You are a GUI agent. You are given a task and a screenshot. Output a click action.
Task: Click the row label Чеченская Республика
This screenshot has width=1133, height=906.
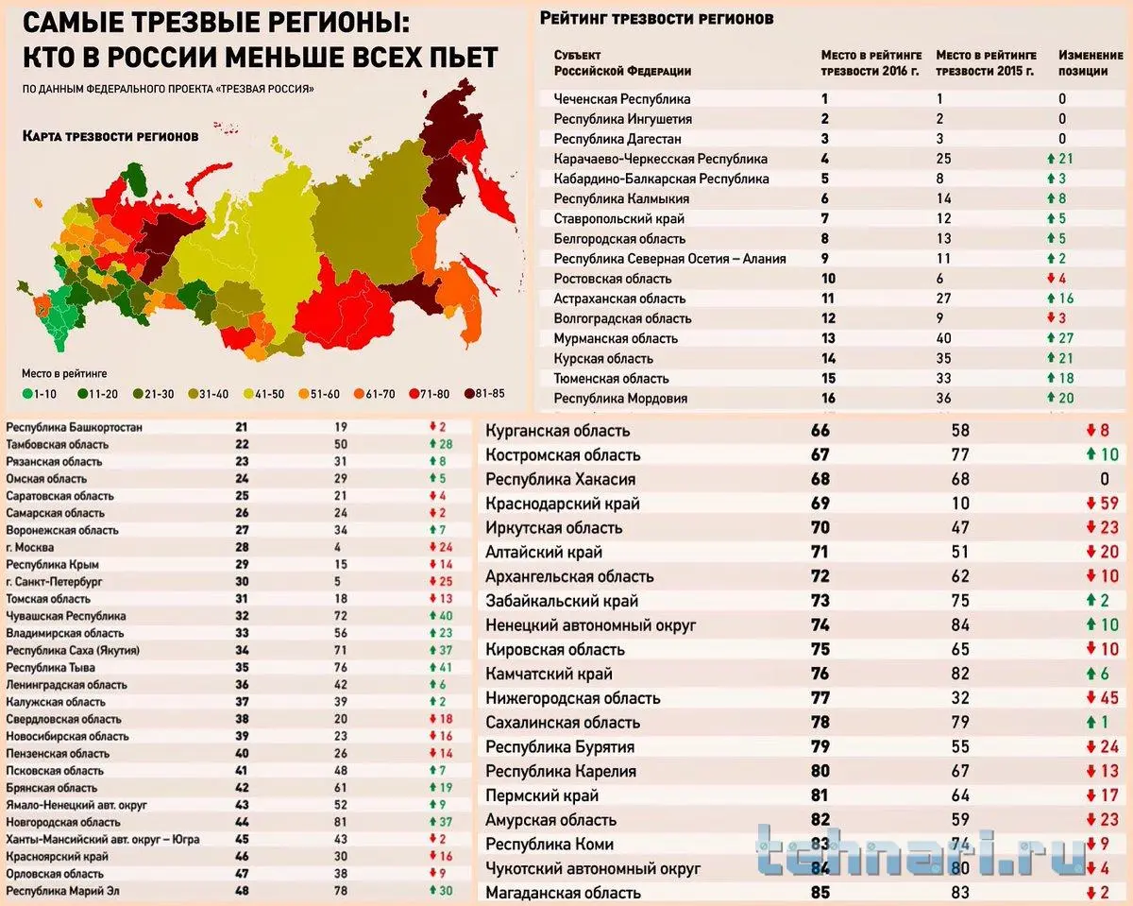[x=621, y=99]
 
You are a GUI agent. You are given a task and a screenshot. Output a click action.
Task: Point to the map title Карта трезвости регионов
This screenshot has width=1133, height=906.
[x=110, y=136]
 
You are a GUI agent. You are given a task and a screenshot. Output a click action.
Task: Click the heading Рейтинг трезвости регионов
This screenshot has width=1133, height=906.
[x=656, y=18]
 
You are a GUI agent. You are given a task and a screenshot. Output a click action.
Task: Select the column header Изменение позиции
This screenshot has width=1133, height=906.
[x=1090, y=63]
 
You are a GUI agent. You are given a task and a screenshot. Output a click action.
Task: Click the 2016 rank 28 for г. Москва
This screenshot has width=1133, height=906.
[x=241, y=548]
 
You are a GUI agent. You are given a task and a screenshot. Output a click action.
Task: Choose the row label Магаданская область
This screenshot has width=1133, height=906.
[x=563, y=893]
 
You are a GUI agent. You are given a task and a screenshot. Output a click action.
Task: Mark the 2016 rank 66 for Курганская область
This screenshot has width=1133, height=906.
[x=819, y=431]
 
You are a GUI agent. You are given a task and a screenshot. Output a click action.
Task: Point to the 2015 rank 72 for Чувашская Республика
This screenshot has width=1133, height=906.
[x=341, y=616]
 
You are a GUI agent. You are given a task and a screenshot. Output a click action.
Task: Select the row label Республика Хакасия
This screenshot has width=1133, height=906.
[x=560, y=479]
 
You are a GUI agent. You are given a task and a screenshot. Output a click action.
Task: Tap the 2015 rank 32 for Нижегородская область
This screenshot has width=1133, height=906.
[x=959, y=698]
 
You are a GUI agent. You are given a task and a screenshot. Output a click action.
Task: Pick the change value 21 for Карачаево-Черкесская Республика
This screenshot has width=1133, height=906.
[x=1064, y=159]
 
